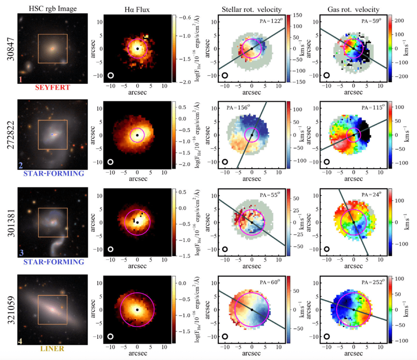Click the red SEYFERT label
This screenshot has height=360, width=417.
53,88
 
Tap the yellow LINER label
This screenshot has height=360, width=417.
53,349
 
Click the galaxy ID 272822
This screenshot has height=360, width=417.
11,135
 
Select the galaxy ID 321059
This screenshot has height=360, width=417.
11,310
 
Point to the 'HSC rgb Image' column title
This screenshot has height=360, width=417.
53,9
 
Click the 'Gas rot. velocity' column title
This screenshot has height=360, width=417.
353,10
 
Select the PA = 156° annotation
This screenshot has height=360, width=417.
238,108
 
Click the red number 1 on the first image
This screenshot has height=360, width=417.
20,79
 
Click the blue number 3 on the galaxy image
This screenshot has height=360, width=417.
21,252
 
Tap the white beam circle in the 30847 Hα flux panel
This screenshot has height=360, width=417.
111,75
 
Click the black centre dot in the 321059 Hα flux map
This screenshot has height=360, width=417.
137,310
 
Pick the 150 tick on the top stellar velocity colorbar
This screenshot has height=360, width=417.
298,15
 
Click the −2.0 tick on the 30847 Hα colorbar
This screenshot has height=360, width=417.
185,82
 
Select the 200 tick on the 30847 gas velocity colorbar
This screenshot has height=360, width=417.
399,20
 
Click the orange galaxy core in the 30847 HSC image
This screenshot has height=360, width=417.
53,48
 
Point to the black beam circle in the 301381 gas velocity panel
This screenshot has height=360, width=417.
327,249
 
